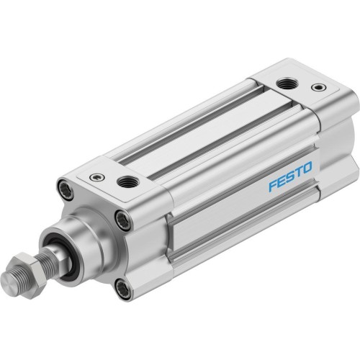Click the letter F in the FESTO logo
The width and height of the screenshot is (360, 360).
[272, 167]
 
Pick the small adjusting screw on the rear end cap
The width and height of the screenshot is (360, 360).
[315, 89]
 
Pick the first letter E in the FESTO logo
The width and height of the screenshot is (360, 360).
[281, 163]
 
